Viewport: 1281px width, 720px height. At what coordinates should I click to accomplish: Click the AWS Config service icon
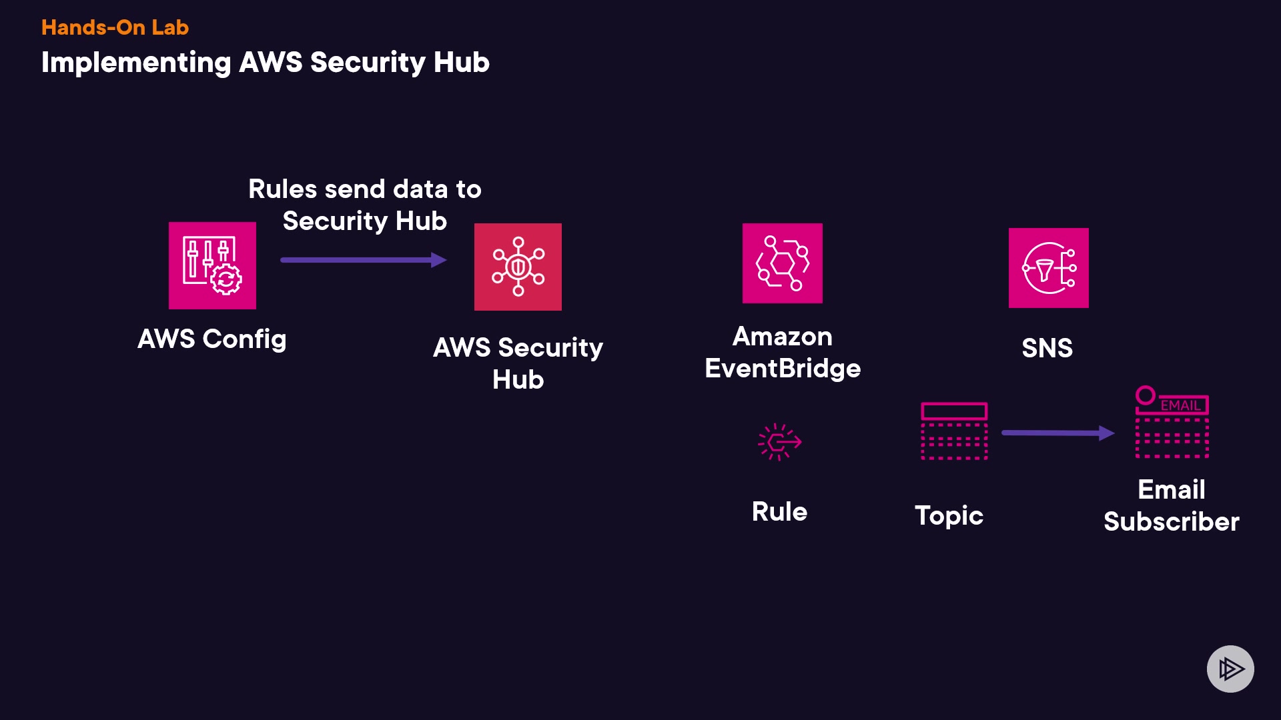[212, 265]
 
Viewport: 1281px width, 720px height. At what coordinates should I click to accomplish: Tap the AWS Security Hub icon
[518, 267]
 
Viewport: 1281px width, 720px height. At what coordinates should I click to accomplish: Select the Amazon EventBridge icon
[783, 263]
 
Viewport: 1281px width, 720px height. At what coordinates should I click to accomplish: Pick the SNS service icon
[1048, 268]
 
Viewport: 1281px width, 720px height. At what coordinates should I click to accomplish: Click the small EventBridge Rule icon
[779, 441]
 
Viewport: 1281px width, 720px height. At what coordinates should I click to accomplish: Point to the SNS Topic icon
[954, 431]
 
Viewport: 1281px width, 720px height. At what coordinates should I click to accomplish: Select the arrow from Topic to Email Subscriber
[1057, 433]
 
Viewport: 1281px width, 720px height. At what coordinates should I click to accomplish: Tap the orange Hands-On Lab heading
[115, 27]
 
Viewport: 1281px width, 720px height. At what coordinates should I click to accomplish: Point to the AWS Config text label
[212, 339]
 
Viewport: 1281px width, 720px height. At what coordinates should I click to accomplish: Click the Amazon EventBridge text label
[783, 353]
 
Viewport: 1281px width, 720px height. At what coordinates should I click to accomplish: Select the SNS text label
[1047, 348]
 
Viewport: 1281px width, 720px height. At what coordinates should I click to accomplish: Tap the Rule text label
[779, 512]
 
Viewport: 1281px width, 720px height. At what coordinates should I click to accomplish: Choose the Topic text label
[949, 515]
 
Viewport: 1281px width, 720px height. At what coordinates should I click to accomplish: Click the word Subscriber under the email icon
[1172, 521]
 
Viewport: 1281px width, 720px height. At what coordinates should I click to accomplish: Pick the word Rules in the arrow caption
[282, 189]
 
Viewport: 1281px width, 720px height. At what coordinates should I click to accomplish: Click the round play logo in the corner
[1230, 669]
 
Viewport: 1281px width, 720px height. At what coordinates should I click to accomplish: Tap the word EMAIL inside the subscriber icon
[1180, 405]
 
